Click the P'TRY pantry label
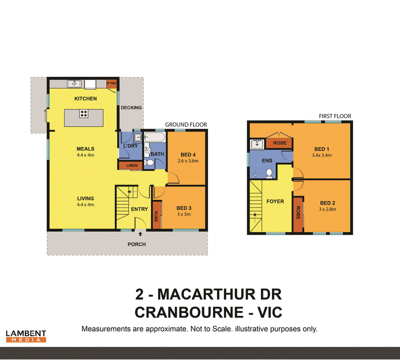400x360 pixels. (x=111, y=83)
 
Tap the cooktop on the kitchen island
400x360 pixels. (x=83, y=113)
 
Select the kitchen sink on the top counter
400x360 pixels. (x=74, y=83)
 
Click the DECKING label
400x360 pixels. (x=131, y=107)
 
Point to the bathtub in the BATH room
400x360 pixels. (x=154, y=137)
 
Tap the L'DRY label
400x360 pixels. (x=130, y=146)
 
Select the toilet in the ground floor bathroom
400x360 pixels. (x=148, y=162)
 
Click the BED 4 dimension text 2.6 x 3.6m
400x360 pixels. (x=188, y=160)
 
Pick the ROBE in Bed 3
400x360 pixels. (x=156, y=215)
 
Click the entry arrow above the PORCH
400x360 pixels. (x=140, y=234)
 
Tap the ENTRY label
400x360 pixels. (x=139, y=209)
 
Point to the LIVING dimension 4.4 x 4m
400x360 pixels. (x=85, y=204)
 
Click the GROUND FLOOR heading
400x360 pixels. (x=186, y=125)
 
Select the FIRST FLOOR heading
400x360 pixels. (x=335, y=116)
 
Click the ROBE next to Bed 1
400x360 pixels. (x=279, y=143)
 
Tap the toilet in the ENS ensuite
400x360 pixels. (x=269, y=173)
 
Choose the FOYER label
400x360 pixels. (x=275, y=201)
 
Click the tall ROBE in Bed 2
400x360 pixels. (x=298, y=214)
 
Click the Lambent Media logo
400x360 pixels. (x=26, y=336)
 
